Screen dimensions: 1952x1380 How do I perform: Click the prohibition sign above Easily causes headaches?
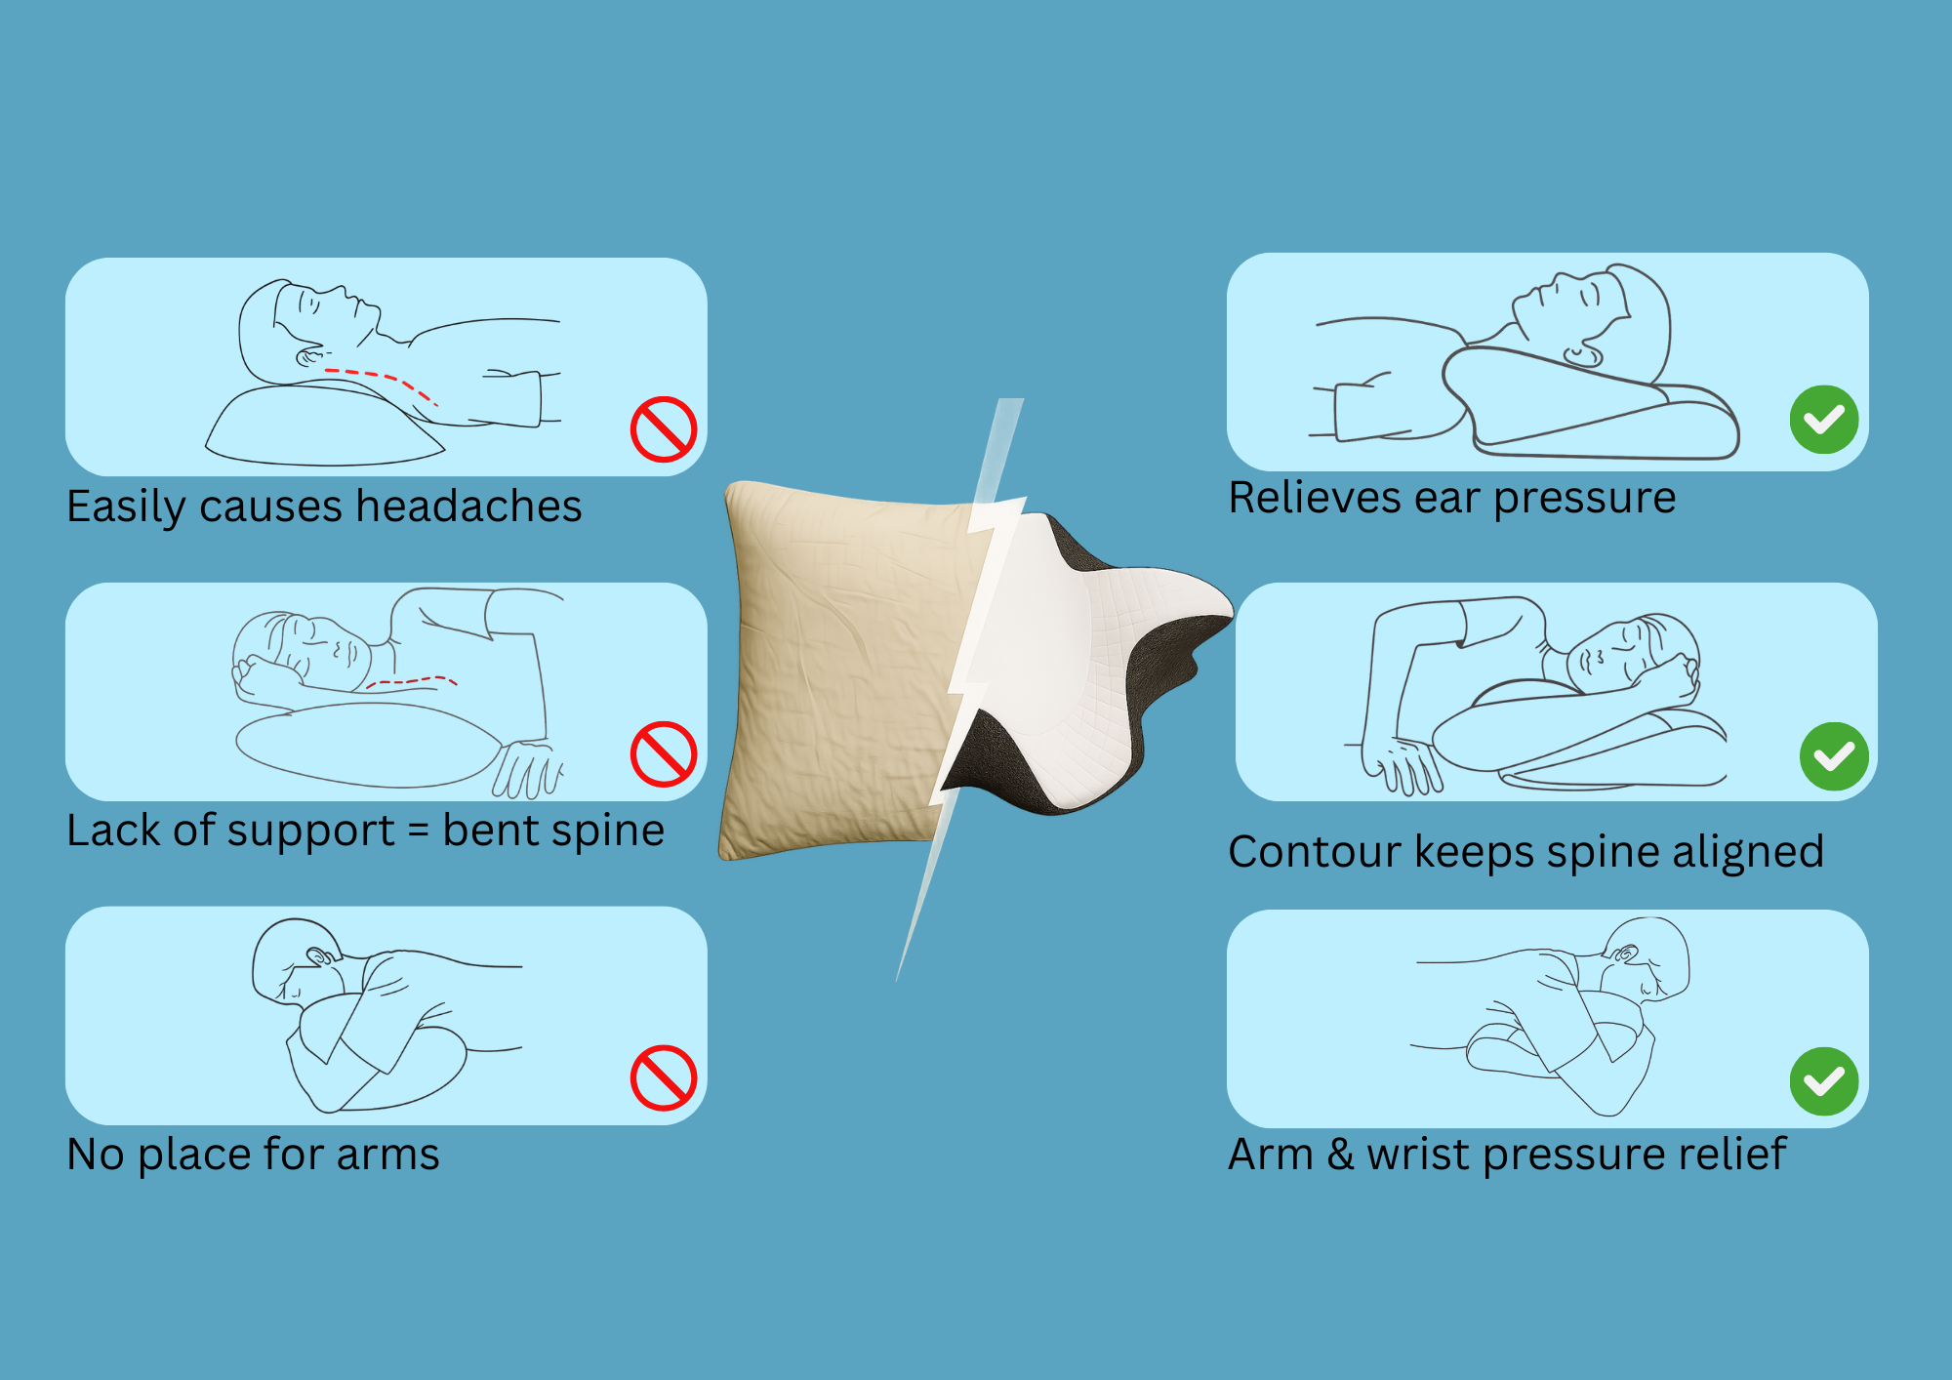coord(664,428)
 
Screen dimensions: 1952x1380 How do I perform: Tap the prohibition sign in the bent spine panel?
coord(664,753)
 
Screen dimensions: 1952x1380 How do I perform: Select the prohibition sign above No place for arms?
coord(664,1077)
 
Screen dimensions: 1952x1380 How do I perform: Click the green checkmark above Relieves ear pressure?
coord(1824,420)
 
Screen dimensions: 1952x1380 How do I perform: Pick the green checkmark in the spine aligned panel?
coord(1834,756)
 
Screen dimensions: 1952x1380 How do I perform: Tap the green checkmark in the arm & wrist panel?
coord(1824,1081)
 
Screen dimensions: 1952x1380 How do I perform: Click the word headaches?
coord(468,507)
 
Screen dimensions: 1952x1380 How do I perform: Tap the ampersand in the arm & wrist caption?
coord(1340,1155)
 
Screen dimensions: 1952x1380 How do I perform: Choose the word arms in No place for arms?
coord(387,1157)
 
